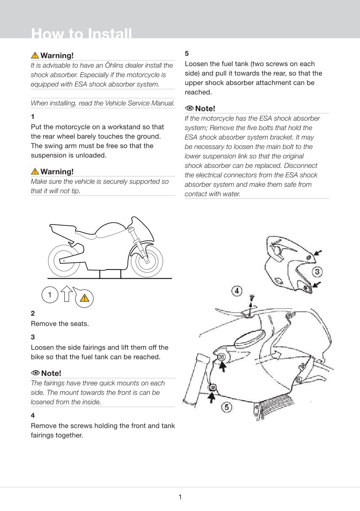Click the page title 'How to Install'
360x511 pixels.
pos(82,33)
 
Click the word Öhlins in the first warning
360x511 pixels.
pos(116,65)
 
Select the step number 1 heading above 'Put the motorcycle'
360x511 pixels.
pos(33,116)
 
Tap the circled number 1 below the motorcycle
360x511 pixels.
pos(50,295)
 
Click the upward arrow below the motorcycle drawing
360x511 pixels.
pos(67,293)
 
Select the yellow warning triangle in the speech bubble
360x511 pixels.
pos(85,298)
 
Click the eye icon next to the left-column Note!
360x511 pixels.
pos(35,373)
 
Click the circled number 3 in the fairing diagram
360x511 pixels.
pos(317,272)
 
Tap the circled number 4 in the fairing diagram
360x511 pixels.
pos(236,290)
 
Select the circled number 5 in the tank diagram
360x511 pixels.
pos(227,407)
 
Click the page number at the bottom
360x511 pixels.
pos(180,497)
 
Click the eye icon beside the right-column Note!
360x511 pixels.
pos(189,108)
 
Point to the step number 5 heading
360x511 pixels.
pos(187,53)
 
